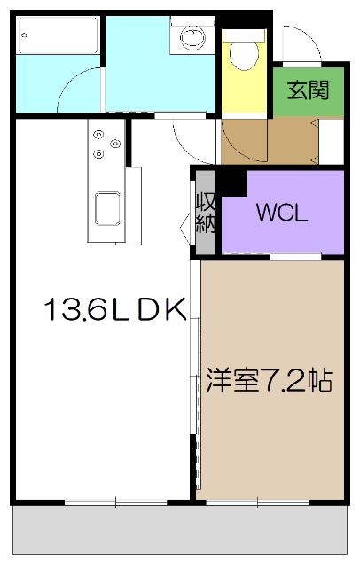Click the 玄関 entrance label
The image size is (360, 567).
(x=308, y=90)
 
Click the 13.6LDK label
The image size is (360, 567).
(x=114, y=309)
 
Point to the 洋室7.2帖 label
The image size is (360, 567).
(x=270, y=381)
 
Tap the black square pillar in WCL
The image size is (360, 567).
(x=233, y=182)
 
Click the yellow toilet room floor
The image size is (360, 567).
(x=242, y=89)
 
